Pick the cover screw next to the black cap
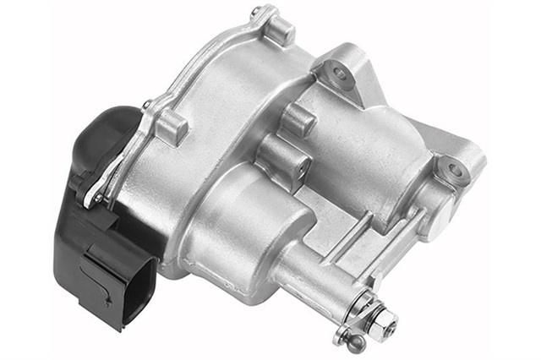[x=146, y=106]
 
